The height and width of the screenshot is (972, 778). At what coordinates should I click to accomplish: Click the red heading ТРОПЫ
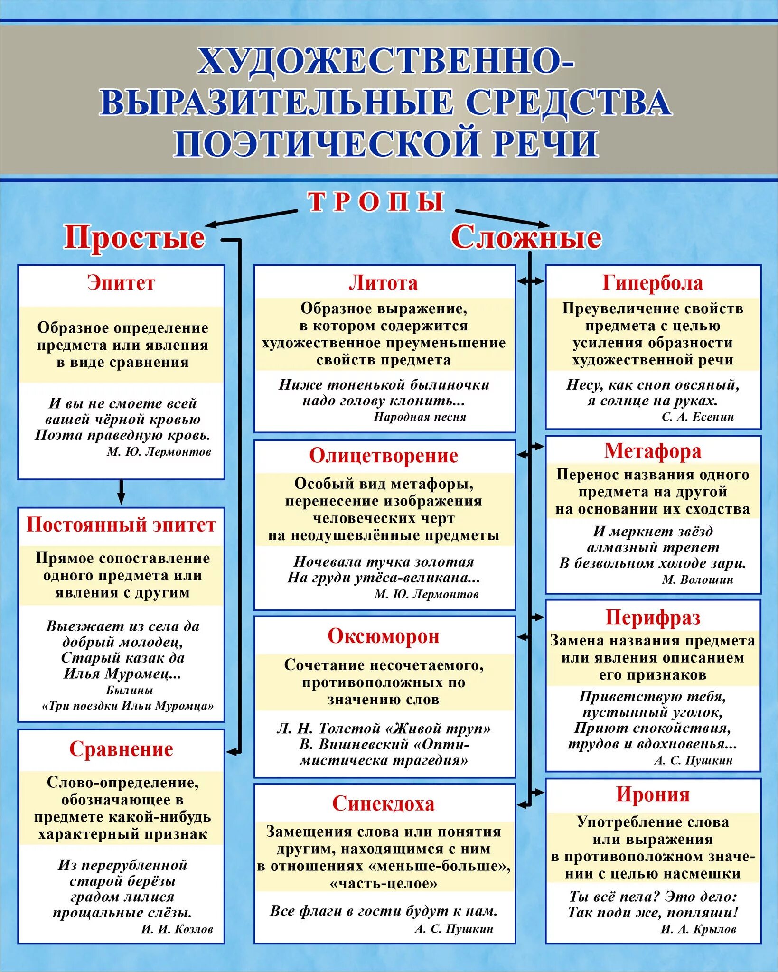(x=376, y=202)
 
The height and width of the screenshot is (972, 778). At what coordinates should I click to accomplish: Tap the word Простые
(x=134, y=237)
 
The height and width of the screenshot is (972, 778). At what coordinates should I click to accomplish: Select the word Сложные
(x=526, y=237)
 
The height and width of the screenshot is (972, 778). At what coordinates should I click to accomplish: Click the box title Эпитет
(x=121, y=283)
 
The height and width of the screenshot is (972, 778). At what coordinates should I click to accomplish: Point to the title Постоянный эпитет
(x=121, y=525)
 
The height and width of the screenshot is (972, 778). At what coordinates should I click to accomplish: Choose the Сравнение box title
(x=121, y=749)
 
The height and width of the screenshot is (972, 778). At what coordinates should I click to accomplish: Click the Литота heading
(x=384, y=283)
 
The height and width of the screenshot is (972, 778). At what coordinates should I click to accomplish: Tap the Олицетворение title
(x=384, y=456)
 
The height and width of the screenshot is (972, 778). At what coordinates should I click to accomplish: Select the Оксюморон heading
(x=384, y=636)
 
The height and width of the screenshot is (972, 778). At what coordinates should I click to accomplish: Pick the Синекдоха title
(x=384, y=804)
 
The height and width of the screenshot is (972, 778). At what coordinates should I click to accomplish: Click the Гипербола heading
(x=653, y=283)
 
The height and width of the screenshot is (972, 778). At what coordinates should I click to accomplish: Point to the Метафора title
(x=653, y=451)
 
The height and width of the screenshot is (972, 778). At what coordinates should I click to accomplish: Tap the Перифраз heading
(x=653, y=617)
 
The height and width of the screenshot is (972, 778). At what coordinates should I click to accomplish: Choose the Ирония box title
(x=653, y=794)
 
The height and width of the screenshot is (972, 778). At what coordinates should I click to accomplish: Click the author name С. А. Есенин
(x=698, y=417)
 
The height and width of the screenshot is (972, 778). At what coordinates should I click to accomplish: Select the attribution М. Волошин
(x=697, y=579)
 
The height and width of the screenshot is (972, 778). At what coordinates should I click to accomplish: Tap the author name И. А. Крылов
(x=698, y=929)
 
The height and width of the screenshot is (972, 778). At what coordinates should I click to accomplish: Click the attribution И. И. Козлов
(x=177, y=929)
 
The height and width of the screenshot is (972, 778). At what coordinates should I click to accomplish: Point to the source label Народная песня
(x=420, y=417)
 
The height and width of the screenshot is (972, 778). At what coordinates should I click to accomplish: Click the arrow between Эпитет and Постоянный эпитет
(x=121, y=493)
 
